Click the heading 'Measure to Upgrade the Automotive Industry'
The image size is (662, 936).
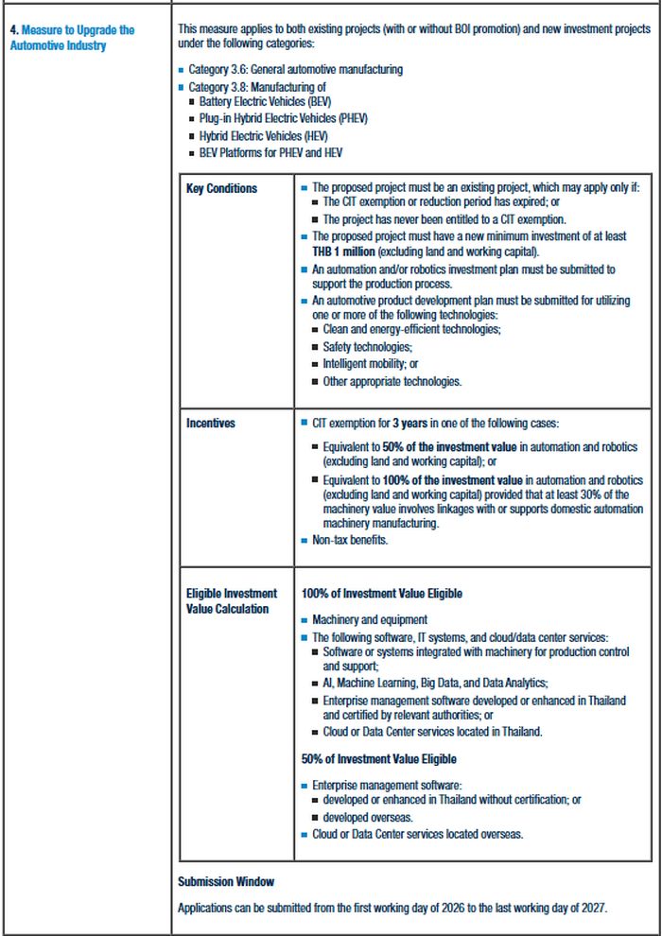[x=72, y=38]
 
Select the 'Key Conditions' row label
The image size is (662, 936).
[x=221, y=188]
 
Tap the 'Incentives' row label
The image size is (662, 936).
[x=210, y=423]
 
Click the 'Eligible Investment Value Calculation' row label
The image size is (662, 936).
[x=232, y=601]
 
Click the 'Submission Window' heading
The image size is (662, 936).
[x=226, y=881]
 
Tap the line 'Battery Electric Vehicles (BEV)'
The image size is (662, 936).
[x=265, y=101]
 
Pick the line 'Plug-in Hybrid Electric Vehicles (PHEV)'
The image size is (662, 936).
[x=283, y=118]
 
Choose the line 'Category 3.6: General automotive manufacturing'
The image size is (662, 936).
[x=295, y=69]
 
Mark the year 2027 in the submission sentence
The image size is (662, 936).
[x=591, y=908]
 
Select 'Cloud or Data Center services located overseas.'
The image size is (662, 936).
[x=417, y=834]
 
